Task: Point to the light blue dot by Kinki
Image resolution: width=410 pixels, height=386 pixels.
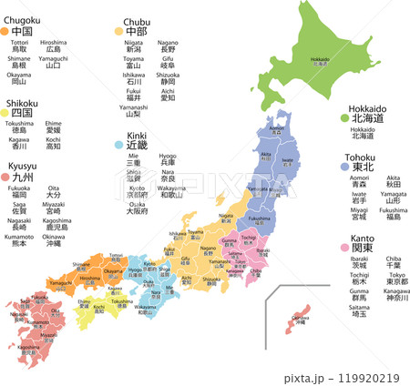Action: pos(118,144)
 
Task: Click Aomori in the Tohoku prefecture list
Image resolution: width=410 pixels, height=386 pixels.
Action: pos(359,179)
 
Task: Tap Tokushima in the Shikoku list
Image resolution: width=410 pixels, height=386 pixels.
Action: pos(19,124)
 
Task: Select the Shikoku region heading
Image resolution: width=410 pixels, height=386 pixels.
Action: pos(22,103)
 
